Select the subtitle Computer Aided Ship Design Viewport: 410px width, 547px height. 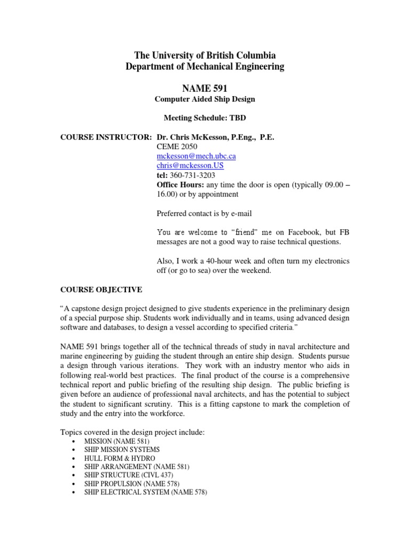[x=204, y=99]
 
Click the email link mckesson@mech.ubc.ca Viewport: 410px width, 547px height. [x=196, y=156]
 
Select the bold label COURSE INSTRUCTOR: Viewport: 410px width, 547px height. [x=106, y=137]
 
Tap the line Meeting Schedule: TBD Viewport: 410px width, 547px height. [x=204, y=118]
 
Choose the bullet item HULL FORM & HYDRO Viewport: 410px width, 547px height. [x=120, y=459]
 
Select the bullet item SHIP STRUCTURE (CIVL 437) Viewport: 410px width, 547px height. [x=129, y=475]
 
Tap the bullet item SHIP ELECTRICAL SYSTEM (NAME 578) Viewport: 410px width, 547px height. [x=145, y=491]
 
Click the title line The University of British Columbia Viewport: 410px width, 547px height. [x=204, y=56]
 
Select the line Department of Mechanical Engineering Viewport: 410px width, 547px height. [x=204, y=67]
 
